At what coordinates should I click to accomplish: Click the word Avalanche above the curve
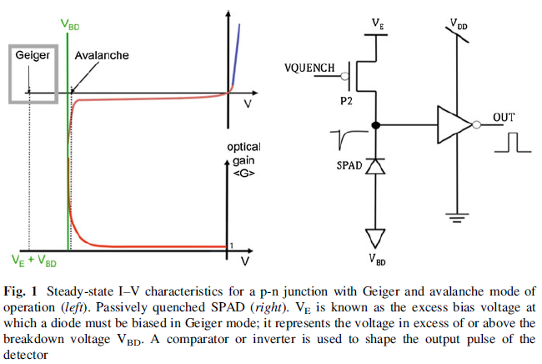[x=102, y=55]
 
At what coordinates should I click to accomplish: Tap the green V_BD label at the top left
[x=71, y=26]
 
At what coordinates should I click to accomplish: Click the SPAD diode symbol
[x=376, y=166]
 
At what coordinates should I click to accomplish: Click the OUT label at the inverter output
[x=504, y=117]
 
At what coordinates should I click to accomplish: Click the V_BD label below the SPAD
[x=377, y=259]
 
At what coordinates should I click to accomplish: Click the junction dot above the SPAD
[x=376, y=126]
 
